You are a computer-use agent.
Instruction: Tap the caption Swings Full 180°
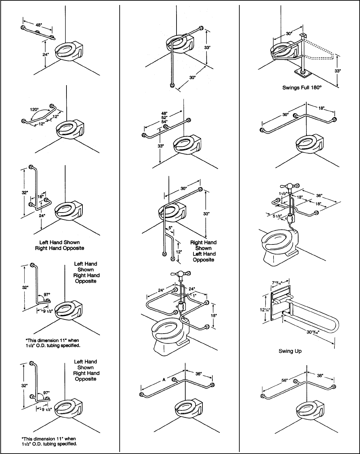coord(302,88)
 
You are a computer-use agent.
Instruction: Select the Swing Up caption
coord(290,351)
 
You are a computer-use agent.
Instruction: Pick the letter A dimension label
coord(164,380)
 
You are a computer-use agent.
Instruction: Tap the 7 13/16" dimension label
coord(277,283)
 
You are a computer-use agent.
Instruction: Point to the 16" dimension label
coord(40,197)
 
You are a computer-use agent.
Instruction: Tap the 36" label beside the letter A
coord(198,374)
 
